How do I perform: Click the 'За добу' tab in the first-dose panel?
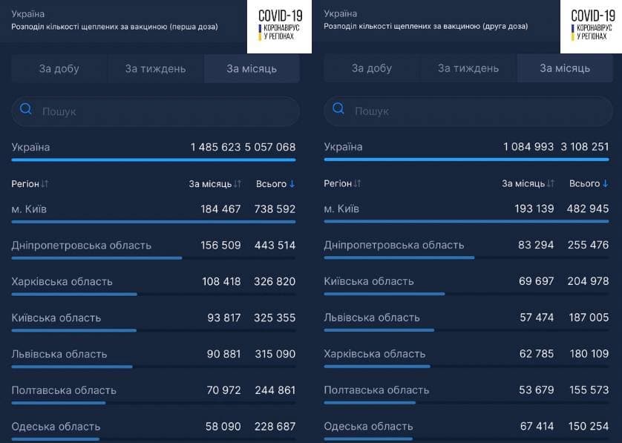click(59, 68)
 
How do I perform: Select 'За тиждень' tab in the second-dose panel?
click(468, 68)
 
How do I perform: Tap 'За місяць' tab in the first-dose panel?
click(252, 68)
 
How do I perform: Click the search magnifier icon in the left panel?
click(26, 108)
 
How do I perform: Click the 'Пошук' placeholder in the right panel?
click(372, 111)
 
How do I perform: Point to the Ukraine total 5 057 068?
click(270, 147)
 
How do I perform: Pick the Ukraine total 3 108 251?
click(585, 147)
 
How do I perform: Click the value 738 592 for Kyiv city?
click(275, 209)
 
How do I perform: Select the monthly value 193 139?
click(534, 209)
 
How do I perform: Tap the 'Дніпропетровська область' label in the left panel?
click(82, 246)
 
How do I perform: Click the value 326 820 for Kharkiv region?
click(275, 281)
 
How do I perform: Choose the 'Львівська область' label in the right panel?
click(372, 318)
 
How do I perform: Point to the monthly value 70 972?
click(223, 390)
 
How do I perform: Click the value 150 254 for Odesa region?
click(589, 427)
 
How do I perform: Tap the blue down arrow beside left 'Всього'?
click(292, 183)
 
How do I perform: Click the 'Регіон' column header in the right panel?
click(338, 183)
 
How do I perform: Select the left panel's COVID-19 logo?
click(280, 26)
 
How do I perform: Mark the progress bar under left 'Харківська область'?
click(74, 295)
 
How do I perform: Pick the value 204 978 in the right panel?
click(589, 281)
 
